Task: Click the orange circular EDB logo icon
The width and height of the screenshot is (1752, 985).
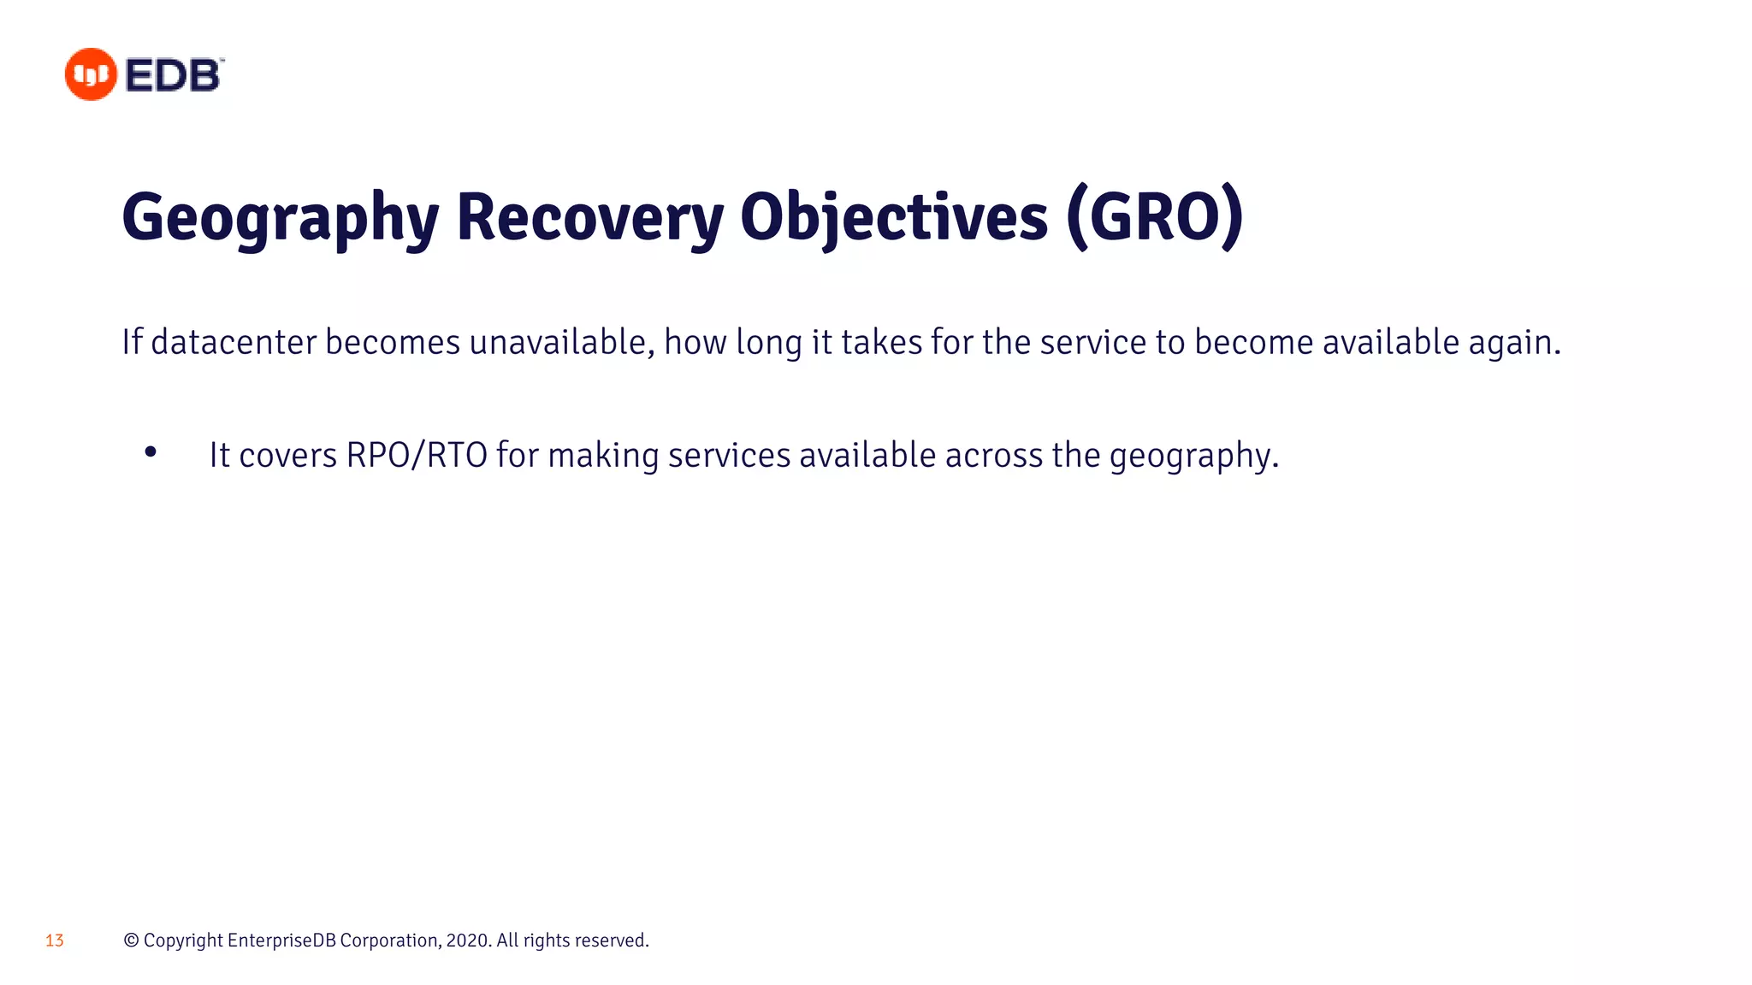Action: pos(91,74)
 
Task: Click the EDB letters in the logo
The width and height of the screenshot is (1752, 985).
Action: pos(173,75)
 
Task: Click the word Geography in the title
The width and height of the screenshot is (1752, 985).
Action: pos(280,218)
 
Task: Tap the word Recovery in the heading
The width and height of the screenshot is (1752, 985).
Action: pos(589,218)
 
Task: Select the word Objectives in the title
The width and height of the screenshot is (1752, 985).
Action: pos(893,218)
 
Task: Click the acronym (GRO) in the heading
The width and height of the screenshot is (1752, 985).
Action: pos(1155,218)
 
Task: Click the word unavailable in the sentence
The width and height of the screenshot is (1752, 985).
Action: pos(562,342)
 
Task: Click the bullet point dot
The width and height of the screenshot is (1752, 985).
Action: pos(151,451)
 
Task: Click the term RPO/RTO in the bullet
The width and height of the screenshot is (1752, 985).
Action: pos(417,455)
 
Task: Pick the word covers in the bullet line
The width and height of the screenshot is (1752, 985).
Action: pos(287,456)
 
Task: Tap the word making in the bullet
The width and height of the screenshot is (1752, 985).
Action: pos(603,456)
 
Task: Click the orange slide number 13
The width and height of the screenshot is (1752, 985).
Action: pos(55,941)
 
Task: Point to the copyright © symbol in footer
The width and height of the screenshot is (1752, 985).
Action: pos(131,941)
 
